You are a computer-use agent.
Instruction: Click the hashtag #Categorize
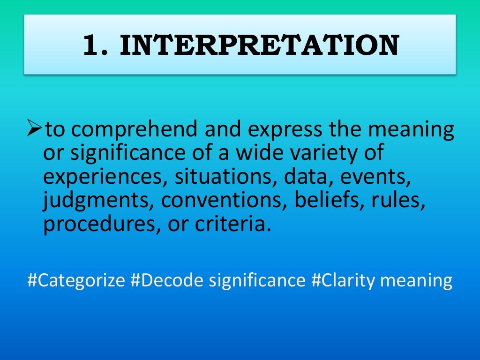(76, 281)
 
